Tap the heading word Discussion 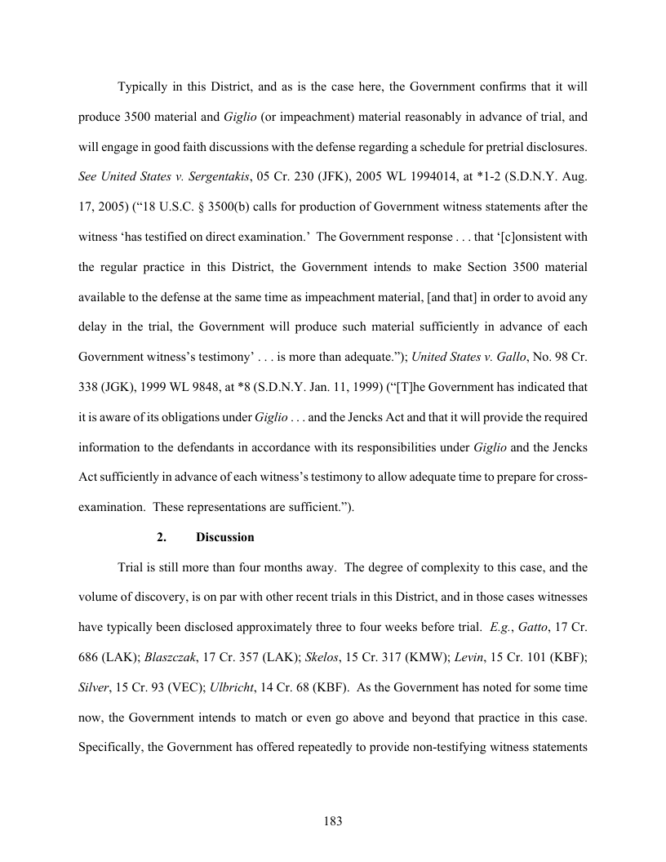tap(225, 538)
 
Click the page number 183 tap(333, 821)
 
